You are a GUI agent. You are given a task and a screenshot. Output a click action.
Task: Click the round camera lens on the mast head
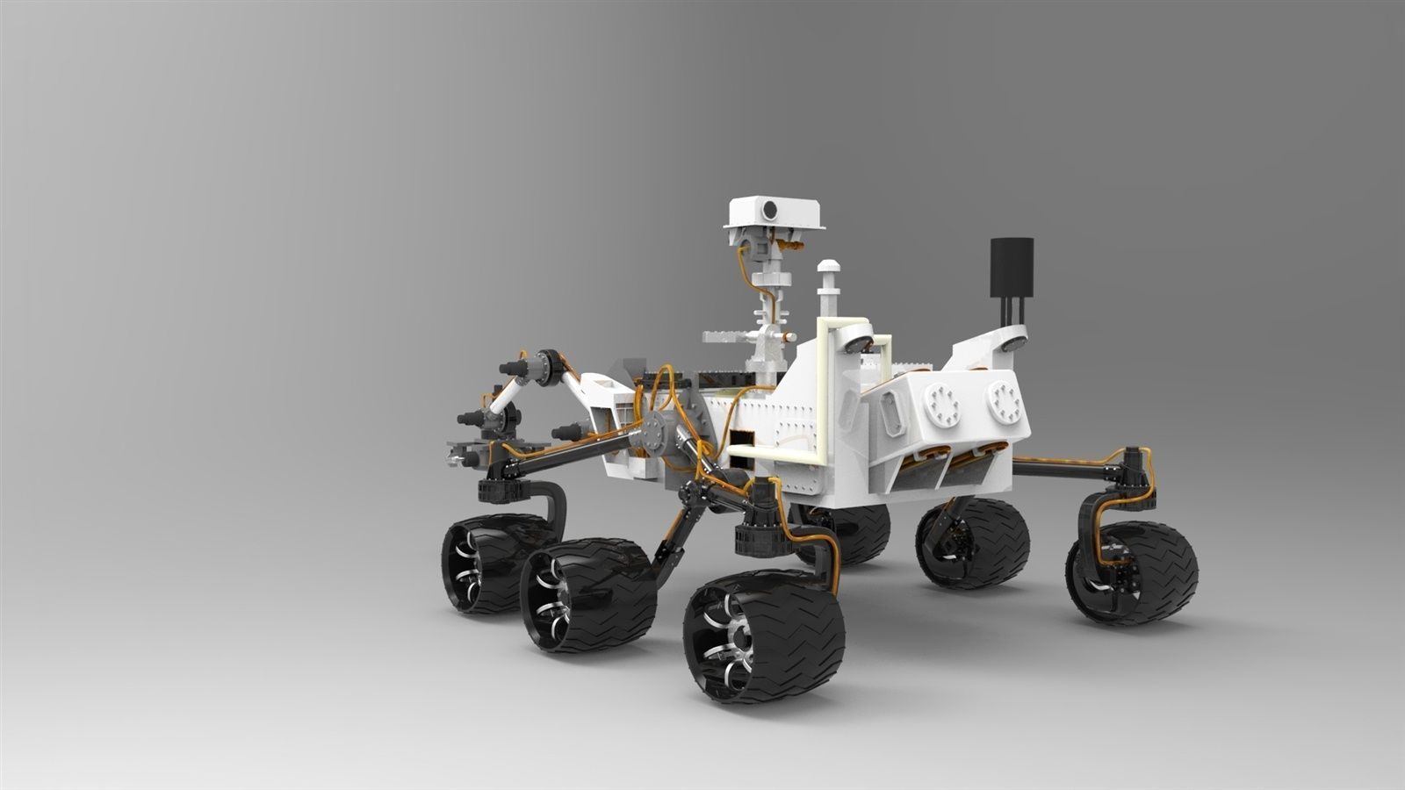(770, 210)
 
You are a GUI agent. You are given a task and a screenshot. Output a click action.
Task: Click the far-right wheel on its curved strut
(1134, 572)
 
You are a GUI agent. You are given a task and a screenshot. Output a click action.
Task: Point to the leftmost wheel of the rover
(488, 563)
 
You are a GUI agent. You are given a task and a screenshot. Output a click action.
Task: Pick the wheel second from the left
(587, 594)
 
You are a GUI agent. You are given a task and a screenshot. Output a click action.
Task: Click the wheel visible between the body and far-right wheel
(973, 541)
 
